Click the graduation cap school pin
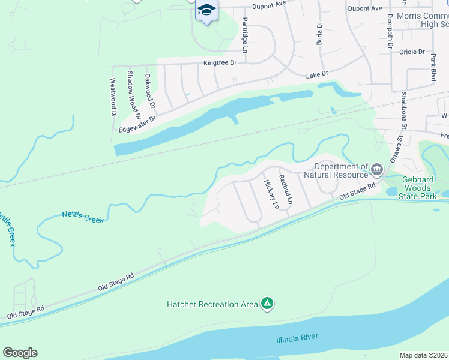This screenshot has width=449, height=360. pyautogui.click(x=206, y=10)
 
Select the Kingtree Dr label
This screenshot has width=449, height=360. pyautogui.click(x=220, y=62)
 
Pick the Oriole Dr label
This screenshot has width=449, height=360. pyautogui.click(x=412, y=52)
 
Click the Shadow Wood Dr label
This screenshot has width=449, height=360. pyautogui.click(x=133, y=95)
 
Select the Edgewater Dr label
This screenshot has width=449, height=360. pyautogui.click(x=137, y=124)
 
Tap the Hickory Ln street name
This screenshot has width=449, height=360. pyautogui.click(x=272, y=194)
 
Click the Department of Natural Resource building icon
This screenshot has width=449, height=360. pyautogui.click(x=377, y=170)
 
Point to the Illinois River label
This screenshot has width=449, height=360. pyautogui.click(x=297, y=338)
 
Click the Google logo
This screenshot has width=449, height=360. pyautogui.click(x=20, y=353)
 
